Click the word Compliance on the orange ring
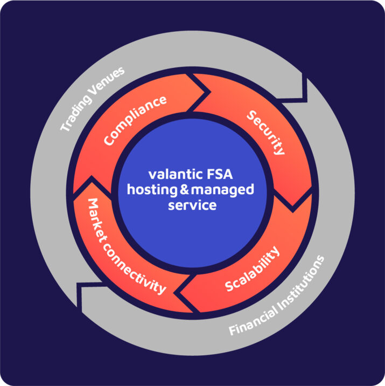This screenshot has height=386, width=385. [135, 120]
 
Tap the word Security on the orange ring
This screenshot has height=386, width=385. [265, 132]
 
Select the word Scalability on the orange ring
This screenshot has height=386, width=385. [252, 269]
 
